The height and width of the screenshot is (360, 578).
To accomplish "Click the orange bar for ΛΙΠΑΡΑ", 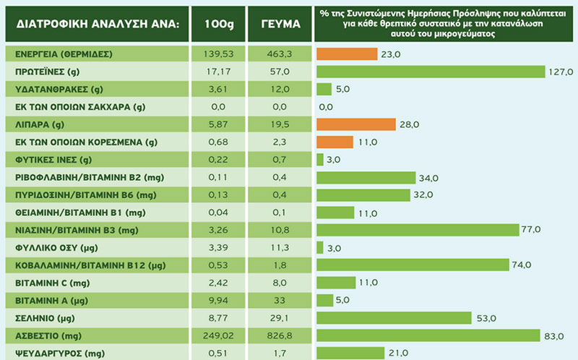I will [356, 124].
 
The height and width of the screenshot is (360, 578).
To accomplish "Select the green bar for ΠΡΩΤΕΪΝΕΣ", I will [430, 72].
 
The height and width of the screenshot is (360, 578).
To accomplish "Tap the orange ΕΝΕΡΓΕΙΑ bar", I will [347, 54].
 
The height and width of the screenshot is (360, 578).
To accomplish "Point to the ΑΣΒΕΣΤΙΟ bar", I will [428, 335].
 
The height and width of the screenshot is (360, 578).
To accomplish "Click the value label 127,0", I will [561, 72].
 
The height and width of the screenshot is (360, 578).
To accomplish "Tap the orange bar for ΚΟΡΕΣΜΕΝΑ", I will [337, 142].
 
